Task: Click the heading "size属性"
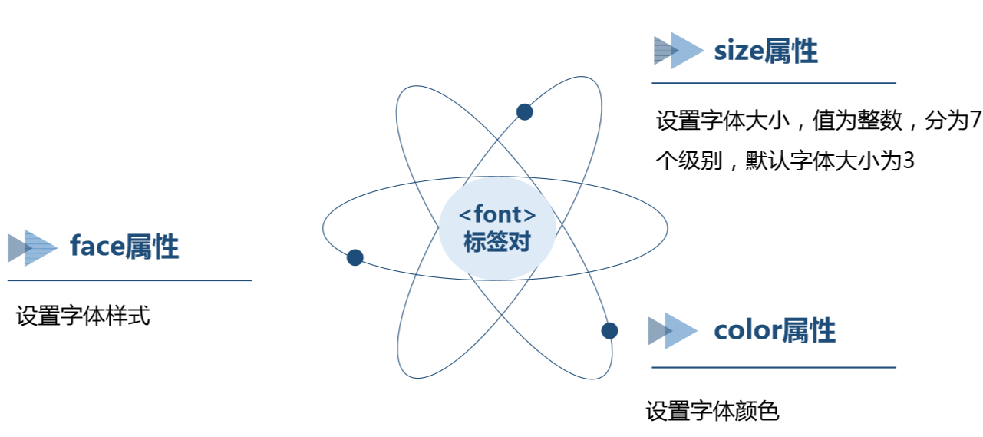[765, 51]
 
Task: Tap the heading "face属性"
[124, 247]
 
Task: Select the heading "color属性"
[774, 330]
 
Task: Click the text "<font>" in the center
[496, 214]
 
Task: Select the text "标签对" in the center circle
[496, 242]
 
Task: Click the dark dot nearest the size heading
[524, 112]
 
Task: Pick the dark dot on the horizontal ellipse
[355, 257]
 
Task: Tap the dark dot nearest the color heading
[609, 330]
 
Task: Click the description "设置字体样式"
[83, 316]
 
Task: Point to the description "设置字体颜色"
[712, 411]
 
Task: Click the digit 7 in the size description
[975, 121]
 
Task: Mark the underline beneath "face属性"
[130, 280]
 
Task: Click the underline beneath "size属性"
[774, 82]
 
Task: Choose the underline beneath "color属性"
[774, 367]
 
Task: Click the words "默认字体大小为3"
[830, 161]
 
